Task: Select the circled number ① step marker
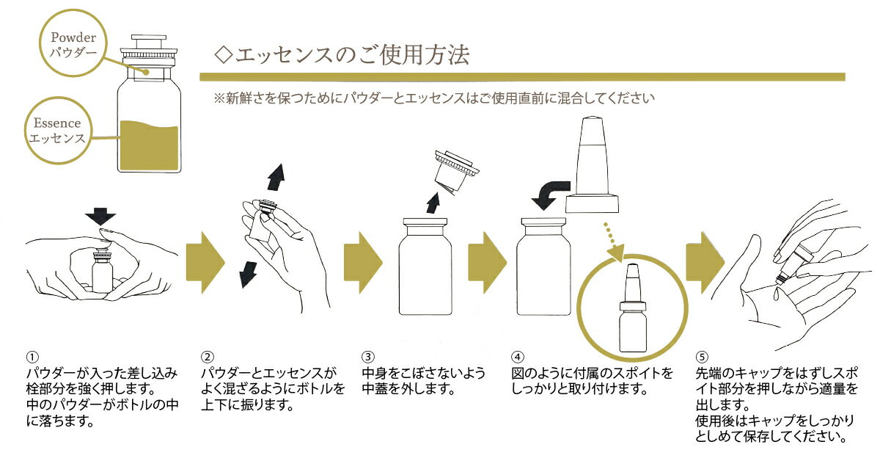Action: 32,357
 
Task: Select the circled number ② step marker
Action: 208,357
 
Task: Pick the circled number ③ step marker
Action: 369,357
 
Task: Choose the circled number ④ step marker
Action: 517,357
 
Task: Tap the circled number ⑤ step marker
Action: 701,357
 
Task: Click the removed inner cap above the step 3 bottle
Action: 458,170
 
